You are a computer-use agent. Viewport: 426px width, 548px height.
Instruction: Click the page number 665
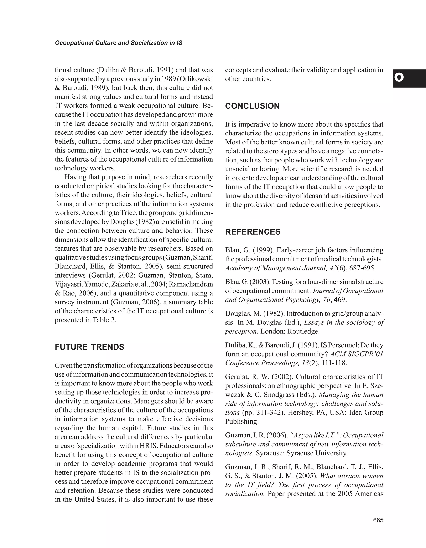pyautogui.click(x=378, y=520)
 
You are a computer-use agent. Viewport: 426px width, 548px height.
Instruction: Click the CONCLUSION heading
pyautogui.click(x=252, y=106)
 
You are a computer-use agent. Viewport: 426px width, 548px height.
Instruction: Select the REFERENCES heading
pyautogui.click(x=253, y=232)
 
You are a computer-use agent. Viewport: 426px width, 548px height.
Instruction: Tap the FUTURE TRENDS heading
pyautogui.click(x=89, y=347)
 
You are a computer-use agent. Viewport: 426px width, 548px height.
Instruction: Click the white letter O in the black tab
pyautogui.click(x=399, y=78)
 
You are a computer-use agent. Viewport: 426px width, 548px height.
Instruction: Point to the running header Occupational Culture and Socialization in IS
pyautogui.click(x=119, y=43)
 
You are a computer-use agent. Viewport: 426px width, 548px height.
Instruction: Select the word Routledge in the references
pyautogui.click(x=303, y=331)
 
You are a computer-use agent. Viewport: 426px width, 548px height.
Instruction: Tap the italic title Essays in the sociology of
pyautogui.click(x=343, y=322)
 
